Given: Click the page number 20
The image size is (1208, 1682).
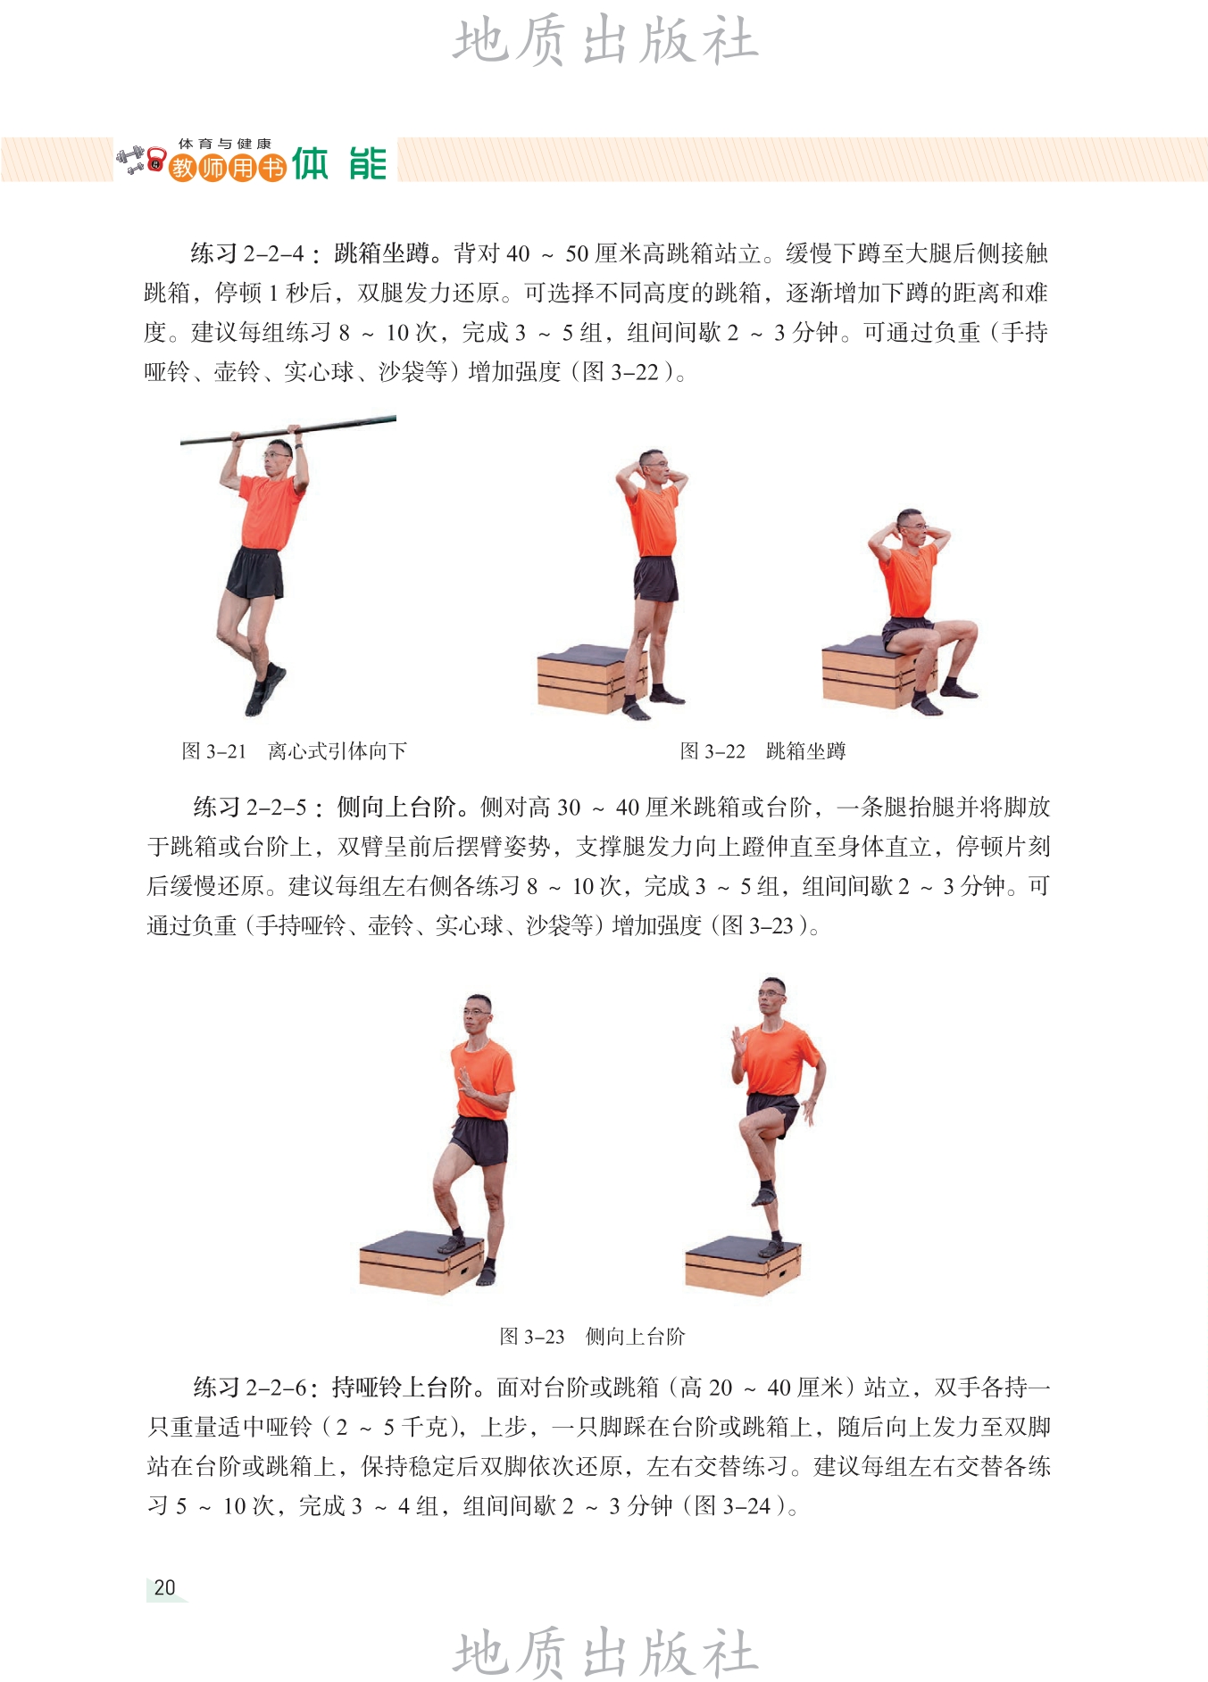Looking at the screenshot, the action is (165, 1587).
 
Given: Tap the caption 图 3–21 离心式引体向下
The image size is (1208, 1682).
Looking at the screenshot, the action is (294, 751).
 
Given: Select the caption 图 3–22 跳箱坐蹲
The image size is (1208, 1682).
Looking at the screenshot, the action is (762, 751).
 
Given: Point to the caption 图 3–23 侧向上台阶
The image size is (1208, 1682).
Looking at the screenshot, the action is (592, 1337).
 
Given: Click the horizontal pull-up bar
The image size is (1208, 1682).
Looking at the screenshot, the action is (288, 430).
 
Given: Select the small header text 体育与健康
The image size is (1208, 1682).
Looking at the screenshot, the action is (224, 144).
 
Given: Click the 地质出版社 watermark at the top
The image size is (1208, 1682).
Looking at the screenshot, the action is (604, 41).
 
